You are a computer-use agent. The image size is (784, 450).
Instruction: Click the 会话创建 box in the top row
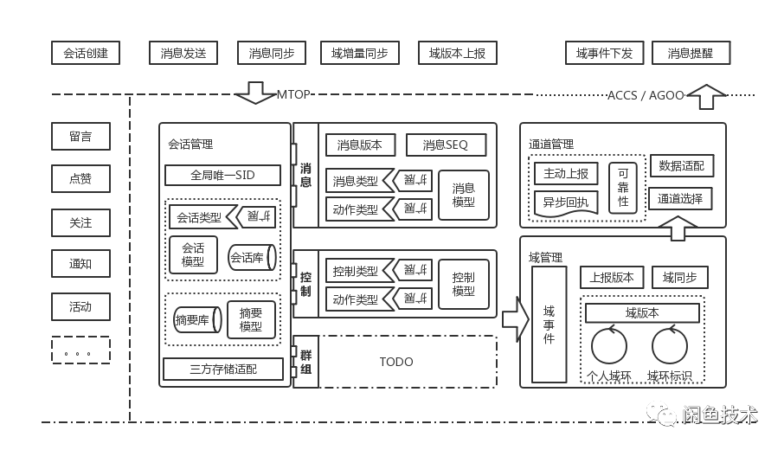click(x=86, y=53)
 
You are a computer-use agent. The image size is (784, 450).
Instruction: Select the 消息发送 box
click(x=183, y=53)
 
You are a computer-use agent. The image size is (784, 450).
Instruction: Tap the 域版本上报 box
click(x=457, y=53)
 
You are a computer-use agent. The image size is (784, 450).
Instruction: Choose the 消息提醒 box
click(x=691, y=53)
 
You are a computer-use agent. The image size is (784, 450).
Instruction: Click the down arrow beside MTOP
click(x=255, y=93)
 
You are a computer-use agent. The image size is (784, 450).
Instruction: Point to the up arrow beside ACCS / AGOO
click(x=706, y=95)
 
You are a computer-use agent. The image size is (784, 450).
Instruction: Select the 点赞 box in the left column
click(x=80, y=179)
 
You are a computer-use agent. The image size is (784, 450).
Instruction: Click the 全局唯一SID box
click(x=222, y=176)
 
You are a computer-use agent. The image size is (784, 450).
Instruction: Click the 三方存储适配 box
click(x=223, y=370)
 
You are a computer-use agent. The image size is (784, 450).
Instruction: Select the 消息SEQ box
click(x=446, y=145)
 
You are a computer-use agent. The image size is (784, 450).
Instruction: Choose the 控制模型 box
click(x=463, y=284)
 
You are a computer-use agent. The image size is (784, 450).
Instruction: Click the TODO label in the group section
click(x=396, y=362)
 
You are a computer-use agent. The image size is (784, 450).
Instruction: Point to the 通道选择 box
click(x=680, y=198)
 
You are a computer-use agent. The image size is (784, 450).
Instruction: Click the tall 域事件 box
click(x=549, y=325)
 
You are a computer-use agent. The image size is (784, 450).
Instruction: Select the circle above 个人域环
click(x=609, y=345)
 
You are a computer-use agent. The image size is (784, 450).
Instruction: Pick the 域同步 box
click(x=679, y=278)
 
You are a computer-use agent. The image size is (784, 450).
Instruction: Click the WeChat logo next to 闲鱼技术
click(x=662, y=413)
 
